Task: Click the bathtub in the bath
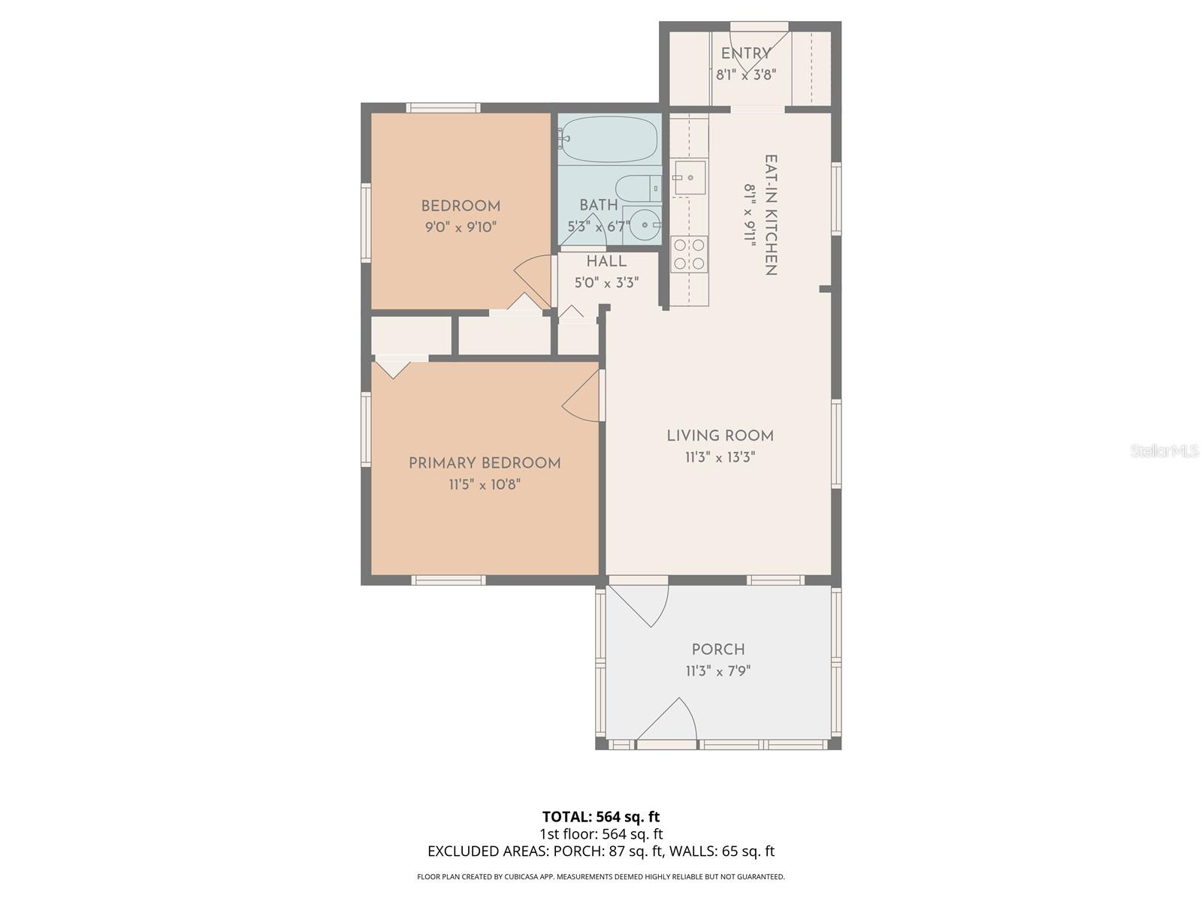(x=609, y=139)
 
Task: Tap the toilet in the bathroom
(x=636, y=188)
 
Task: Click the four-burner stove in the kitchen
(x=689, y=253)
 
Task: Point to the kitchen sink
(x=689, y=178)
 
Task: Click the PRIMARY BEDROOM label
(x=485, y=463)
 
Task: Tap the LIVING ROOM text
(x=720, y=435)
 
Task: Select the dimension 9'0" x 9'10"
(x=461, y=227)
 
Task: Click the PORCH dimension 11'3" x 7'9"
(x=718, y=670)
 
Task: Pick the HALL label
(x=606, y=261)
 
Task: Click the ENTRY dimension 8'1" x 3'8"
(x=745, y=74)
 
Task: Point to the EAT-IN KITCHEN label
(x=771, y=215)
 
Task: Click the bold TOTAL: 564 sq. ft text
(x=601, y=816)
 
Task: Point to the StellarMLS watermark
(x=1164, y=450)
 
